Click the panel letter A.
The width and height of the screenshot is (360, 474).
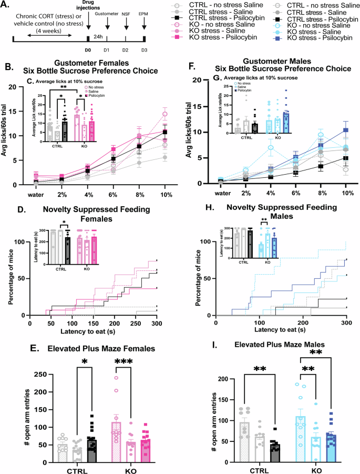coord(7,6)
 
